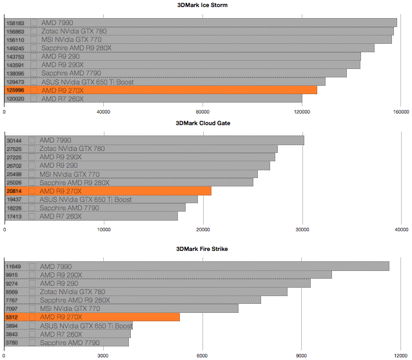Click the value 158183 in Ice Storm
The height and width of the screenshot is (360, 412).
click(15, 23)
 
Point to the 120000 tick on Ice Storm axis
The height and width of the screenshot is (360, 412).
click(302, 111)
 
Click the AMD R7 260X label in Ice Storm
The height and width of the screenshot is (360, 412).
click(62, 99)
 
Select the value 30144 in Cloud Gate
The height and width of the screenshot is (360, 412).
click(14, 140)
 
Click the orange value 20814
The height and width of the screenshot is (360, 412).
click(14, 191)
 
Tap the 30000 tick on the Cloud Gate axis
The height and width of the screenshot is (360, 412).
click(302, 228)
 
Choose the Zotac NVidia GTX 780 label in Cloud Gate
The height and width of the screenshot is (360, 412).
click(73, 148)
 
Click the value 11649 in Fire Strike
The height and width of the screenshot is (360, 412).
click(14, 266)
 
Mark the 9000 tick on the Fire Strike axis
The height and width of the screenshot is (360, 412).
click(302, 355)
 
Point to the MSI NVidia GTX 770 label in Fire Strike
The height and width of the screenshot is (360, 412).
click(70, 308)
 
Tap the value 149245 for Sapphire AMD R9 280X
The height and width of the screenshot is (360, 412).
click(15, 48)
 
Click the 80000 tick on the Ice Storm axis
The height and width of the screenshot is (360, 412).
click(203, 111)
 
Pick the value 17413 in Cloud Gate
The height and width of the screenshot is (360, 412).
click(14, 216)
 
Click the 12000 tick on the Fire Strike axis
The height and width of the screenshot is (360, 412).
click(401, 355)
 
